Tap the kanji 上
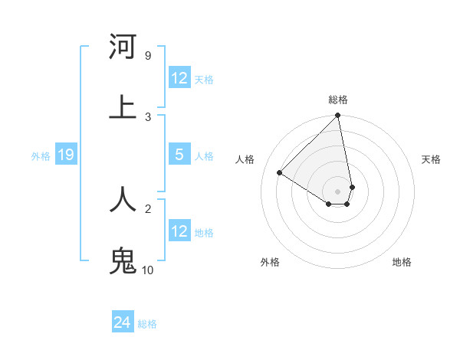click(x=123, y=106)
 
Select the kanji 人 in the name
click(x=123, y=199)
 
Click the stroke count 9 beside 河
click(x=148, y=55)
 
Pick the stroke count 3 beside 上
click(x=148, y=116)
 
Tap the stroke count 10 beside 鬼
click(x=148, y=270)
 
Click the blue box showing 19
click(x=65, y=155)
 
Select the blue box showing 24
click(x=123, y=322)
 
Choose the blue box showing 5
click(x=179, y=155)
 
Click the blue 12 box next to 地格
click(x=179, y=231)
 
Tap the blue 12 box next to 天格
click(x=179, y=78)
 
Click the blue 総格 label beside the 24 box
click(x=147, y=324)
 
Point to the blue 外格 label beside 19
click(x=41, y=156)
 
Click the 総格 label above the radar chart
click(x=338, y=100)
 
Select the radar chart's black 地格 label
click(x=402, y=262)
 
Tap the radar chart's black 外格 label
click(x=270, y=262)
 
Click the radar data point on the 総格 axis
click(x=337, y=116)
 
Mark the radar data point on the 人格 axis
click(x=279, y=173)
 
